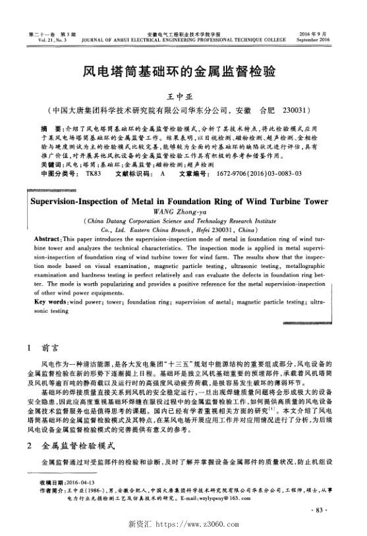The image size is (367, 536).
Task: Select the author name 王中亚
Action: (x=183, y=95)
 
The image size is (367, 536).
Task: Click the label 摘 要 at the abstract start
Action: (x=49, y=126)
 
